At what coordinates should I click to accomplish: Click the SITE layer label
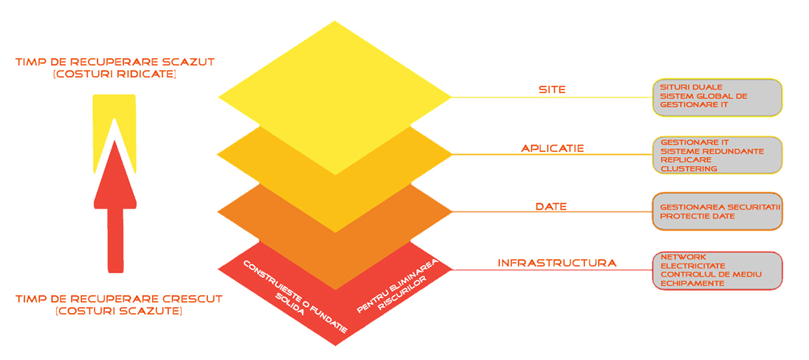(x=552, y=89)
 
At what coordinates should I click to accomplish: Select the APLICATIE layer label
(x=552, y=148)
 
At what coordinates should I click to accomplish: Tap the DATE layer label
(x=551, y=207)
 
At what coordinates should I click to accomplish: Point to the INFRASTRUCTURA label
(x=557, y=263)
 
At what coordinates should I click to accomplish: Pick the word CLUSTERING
(x=689, y=168)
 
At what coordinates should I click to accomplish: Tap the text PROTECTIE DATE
(x=697, y=216)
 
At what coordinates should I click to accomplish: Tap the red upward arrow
(x=115, y=207)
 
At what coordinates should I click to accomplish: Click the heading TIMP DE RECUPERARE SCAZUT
(x=115, y=62)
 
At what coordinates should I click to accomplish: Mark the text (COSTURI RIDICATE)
(x=115, y=75)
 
